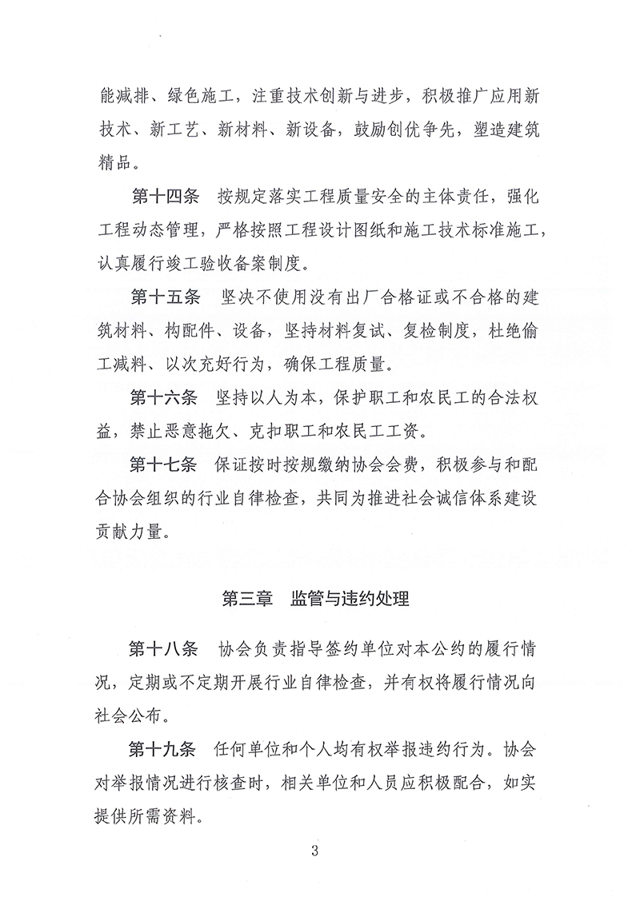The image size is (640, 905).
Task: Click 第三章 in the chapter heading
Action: click(x=244, y=597)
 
